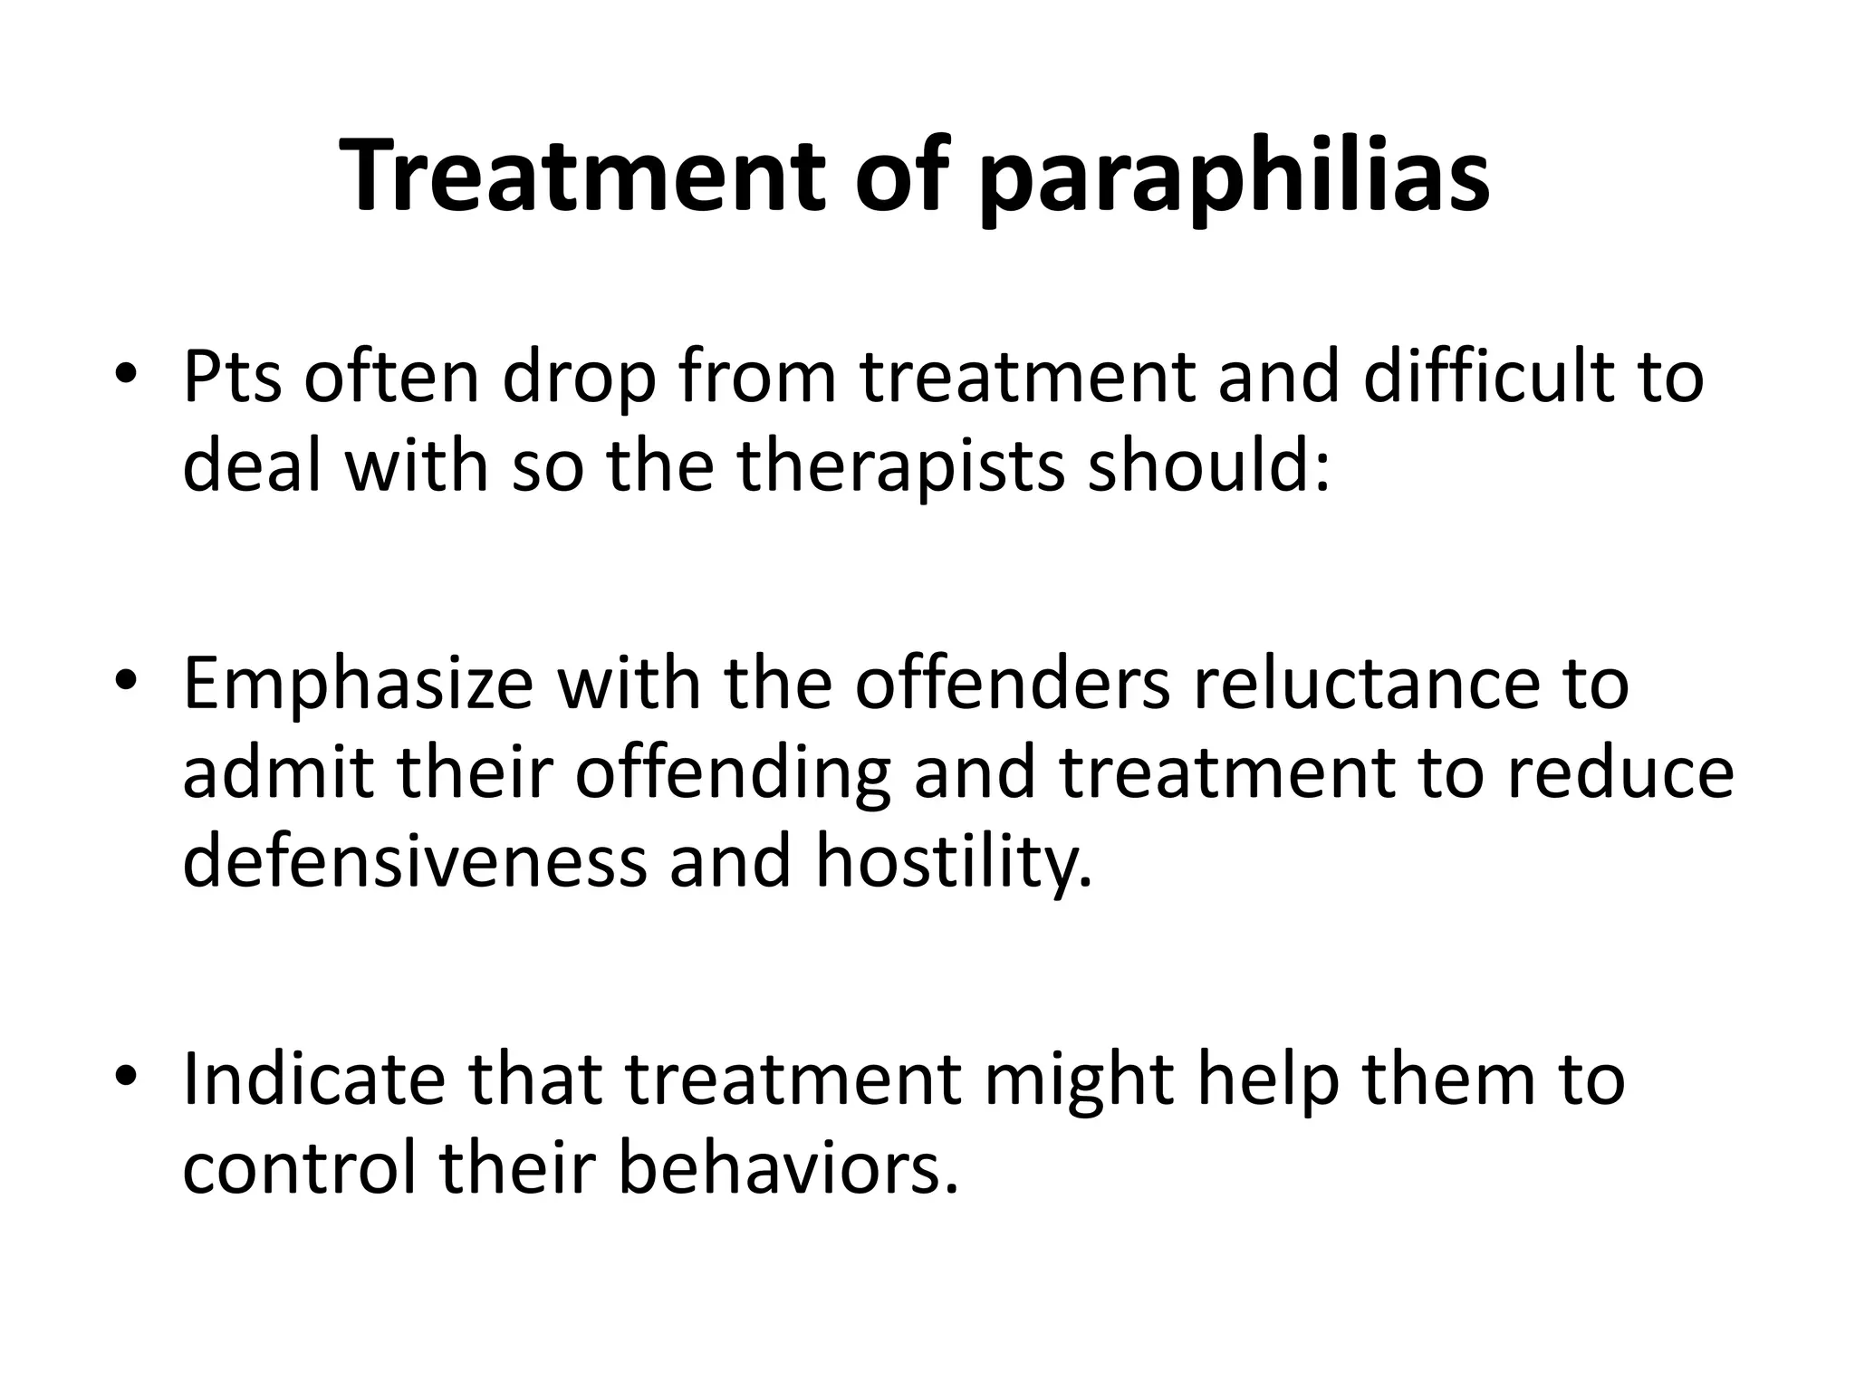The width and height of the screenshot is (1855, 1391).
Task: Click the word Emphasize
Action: pos(359,686)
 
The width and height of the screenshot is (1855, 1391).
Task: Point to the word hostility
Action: pos(954,863)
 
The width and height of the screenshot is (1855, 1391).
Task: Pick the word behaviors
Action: pos(788,1167)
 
